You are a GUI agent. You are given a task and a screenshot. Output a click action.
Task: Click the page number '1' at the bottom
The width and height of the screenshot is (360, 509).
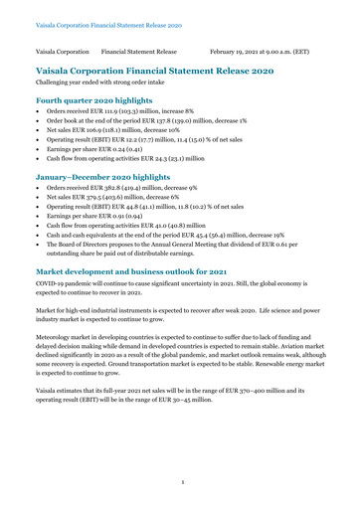click(x=180, y=484)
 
